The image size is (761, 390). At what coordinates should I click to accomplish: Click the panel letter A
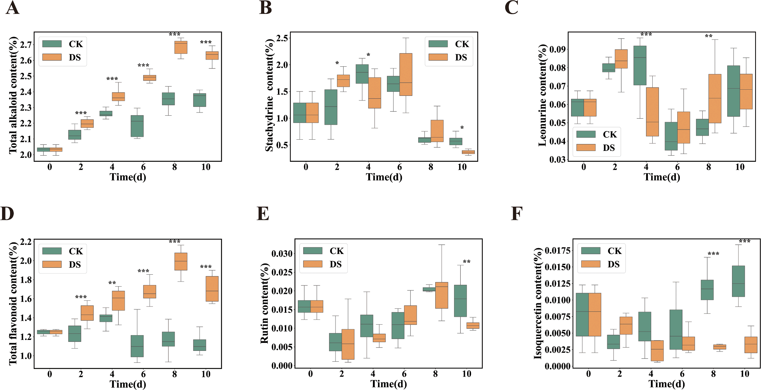tap(12, 8)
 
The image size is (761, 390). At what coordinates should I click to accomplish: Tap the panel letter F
tap(516, 214)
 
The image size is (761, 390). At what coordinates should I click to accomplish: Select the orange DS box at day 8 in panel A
tap(181, 47)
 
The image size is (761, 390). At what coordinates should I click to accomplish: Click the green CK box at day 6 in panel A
tap(137, 126)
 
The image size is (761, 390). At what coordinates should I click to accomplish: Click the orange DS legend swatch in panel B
tap(438, 57)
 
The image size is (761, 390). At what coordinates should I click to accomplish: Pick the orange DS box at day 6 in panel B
tap(406, 74)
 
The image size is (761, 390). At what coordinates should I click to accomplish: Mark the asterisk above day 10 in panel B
tap(462, 128)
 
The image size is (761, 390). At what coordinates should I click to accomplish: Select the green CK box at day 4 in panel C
tap(640, 65)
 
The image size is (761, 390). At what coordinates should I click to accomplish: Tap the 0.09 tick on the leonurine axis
tap(557, 49)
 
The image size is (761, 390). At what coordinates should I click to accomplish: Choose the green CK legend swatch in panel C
tap(586, 134)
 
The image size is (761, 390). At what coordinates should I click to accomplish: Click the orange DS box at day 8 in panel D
tap(181, 262)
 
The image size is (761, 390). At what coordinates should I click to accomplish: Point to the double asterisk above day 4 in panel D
tap(112, 283)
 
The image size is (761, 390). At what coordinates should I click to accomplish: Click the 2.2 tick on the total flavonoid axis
tap(26, 242)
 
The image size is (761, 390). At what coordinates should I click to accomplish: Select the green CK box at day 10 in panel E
tap(460, 301)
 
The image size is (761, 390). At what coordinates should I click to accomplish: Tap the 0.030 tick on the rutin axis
tap(282, 253)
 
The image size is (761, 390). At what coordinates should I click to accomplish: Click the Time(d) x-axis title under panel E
tap(388, 384)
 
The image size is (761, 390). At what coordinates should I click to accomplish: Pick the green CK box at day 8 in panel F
tap(707, 290)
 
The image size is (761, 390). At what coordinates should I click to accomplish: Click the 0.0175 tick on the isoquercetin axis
tap(557, 250)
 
